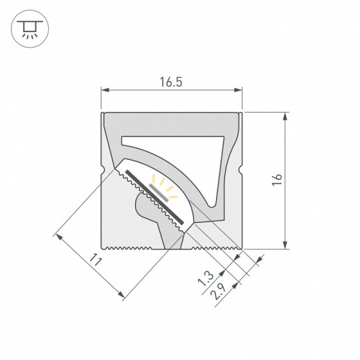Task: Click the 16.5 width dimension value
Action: [172, 81]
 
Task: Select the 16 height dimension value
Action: [277, 179]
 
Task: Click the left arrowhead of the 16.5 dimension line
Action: [105, 90]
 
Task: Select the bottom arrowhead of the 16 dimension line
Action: [285, 244]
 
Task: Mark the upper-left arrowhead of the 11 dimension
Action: [60, 237]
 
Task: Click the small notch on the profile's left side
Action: [104, 169]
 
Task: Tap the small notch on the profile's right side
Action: [242, 169]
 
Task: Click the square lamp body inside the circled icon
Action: [28, 25]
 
